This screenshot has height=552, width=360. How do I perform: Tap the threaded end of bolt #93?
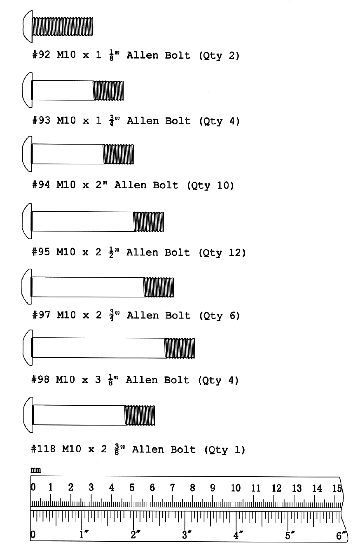[x=108, y=91]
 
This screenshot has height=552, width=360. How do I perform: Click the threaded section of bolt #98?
[x=180, y=348]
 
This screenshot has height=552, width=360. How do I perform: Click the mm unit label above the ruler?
[x=36, y=470]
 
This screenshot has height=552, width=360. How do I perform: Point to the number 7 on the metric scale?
[x=172, y=488]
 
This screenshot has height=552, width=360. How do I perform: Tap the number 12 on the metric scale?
[x=276, y=489]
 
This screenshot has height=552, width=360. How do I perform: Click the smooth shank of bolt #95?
[x=82, y=221]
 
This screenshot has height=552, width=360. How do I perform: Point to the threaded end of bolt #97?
[x=159, y=287]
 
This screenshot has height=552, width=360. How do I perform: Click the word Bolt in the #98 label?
[x=177, y=380]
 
